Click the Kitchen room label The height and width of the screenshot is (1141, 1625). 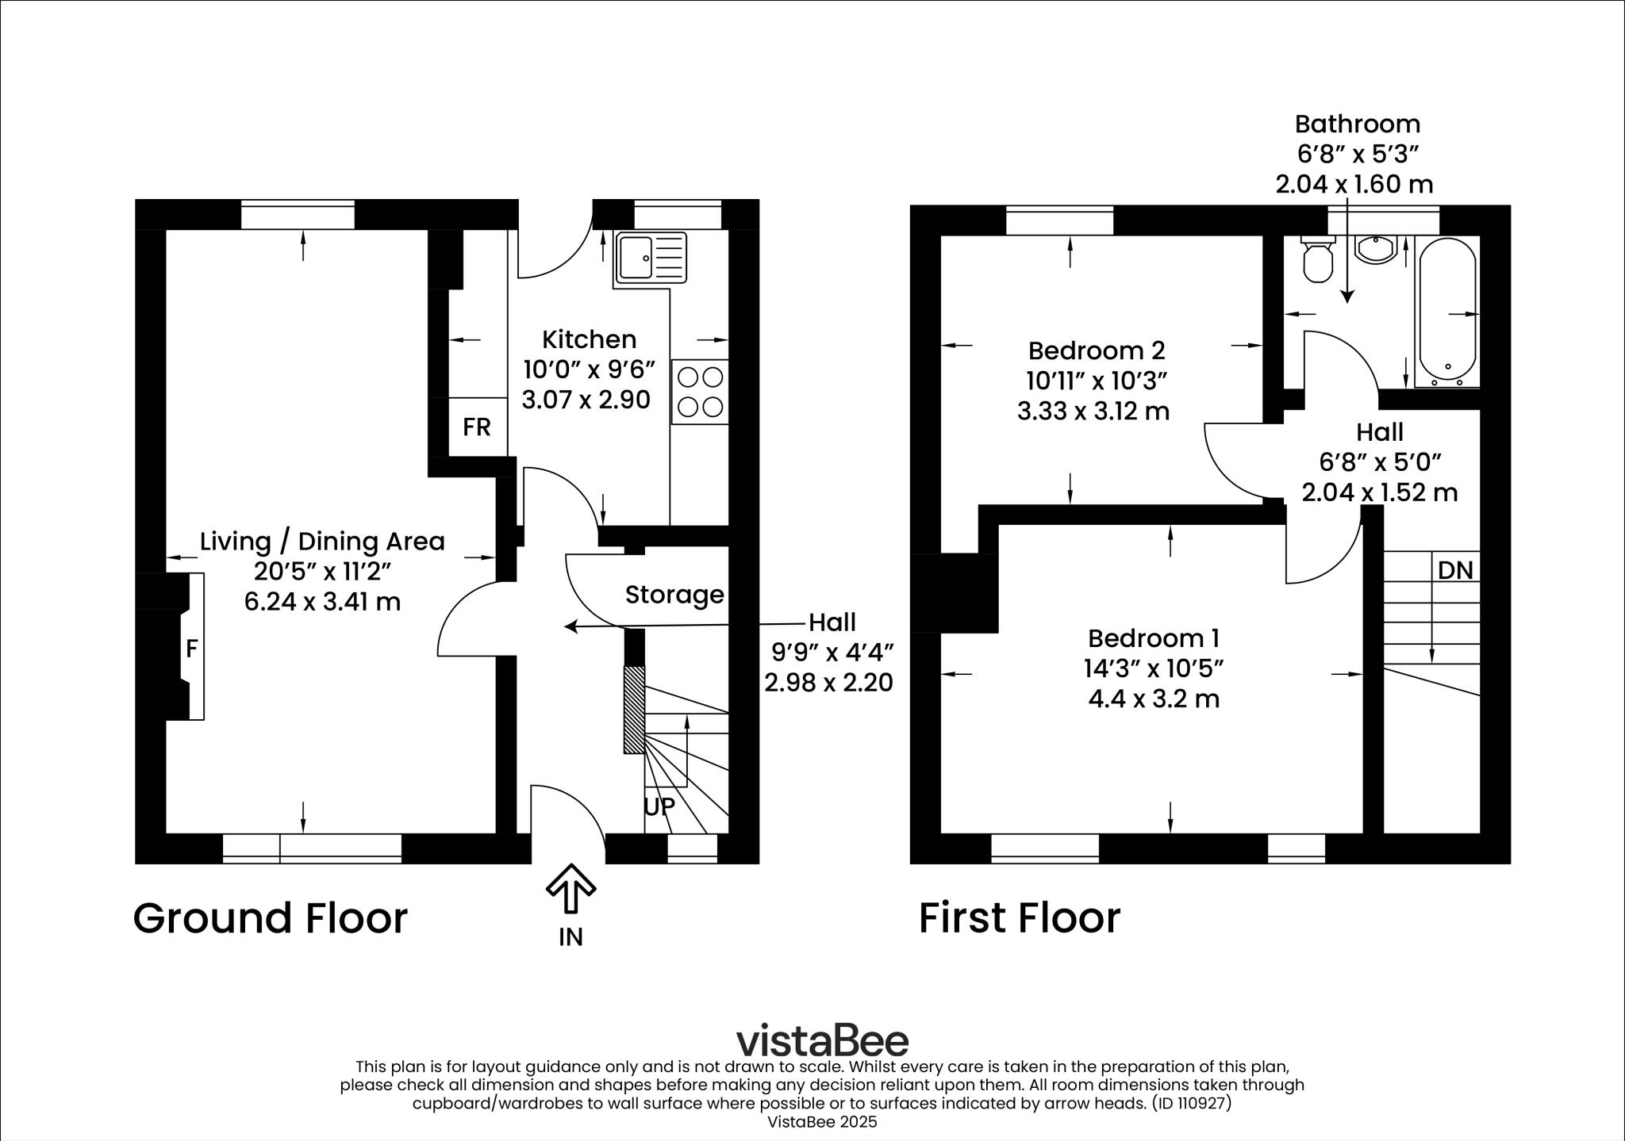589,339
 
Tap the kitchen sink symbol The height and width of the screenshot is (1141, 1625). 651,258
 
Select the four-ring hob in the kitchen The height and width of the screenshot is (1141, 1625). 700,392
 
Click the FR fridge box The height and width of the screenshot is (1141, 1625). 477,427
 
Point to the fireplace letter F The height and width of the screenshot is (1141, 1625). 191,649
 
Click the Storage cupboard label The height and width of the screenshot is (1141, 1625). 674,595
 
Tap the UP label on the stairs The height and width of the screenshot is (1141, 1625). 659,806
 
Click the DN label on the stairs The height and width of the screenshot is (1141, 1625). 1455,570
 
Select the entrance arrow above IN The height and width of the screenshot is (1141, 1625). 570,888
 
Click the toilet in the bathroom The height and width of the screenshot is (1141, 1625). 1318,259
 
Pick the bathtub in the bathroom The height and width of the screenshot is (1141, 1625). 1447,312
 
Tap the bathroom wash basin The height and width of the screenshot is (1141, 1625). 1376,249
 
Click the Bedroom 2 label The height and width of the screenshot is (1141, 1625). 1096,350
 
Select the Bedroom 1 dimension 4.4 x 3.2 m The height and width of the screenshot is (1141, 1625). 1154,699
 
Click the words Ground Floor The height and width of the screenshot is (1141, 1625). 270,918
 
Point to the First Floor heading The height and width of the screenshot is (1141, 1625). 1020,918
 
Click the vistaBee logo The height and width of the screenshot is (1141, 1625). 822,1040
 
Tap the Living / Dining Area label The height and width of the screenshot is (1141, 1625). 322,542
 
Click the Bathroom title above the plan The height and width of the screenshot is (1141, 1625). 1358,124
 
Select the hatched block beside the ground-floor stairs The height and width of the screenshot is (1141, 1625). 634,710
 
